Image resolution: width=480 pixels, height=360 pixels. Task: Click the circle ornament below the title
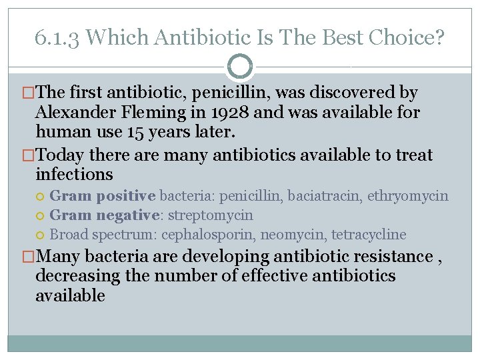239,67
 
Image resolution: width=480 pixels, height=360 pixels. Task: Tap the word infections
74,175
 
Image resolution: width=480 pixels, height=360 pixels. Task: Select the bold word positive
126,196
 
